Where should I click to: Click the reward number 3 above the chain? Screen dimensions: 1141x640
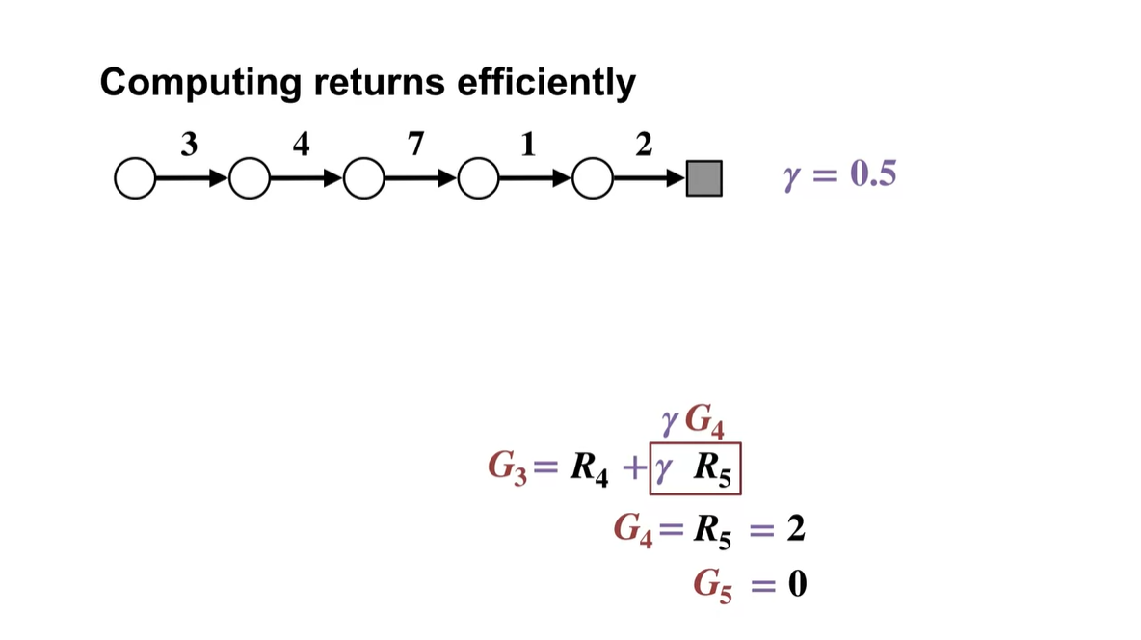pos(189,144)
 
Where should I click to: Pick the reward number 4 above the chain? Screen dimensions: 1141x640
pos(302,144)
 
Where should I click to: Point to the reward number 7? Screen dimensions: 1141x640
pos(415,144)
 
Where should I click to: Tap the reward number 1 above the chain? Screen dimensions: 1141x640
pos(527,144)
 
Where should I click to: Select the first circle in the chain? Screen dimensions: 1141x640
pos(133,179)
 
